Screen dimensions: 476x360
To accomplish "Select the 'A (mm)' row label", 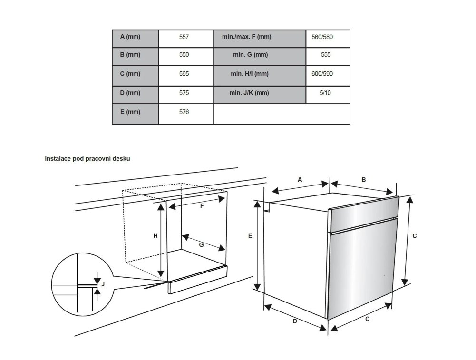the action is (130, 37).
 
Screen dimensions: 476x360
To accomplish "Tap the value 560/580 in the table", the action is (322, 37).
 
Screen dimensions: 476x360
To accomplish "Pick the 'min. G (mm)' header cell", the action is (251, 55).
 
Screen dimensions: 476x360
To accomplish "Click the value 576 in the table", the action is (184, 112).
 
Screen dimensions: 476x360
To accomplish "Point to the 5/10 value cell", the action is (325, 93).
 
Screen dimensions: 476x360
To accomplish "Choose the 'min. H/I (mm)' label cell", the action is (250, 74).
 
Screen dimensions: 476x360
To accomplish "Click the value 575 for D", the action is (184, 93).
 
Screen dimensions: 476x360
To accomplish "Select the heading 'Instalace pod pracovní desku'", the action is (87, 159).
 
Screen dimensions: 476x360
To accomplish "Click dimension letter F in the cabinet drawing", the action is (202, 206).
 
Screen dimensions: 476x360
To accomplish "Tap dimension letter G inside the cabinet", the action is (201, 244).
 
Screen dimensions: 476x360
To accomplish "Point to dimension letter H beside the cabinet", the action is (155, 235).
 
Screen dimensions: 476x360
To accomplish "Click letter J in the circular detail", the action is (103, 284).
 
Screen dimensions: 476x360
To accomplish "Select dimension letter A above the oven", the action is (300, 180).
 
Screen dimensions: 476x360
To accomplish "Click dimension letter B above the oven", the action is (364, 180).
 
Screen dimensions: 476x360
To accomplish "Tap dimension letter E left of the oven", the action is (250, 235).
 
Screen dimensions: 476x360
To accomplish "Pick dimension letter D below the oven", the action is (294, 321).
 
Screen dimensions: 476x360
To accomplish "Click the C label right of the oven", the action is (415, 236).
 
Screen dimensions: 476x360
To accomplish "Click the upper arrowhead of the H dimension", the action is (161, 206).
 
